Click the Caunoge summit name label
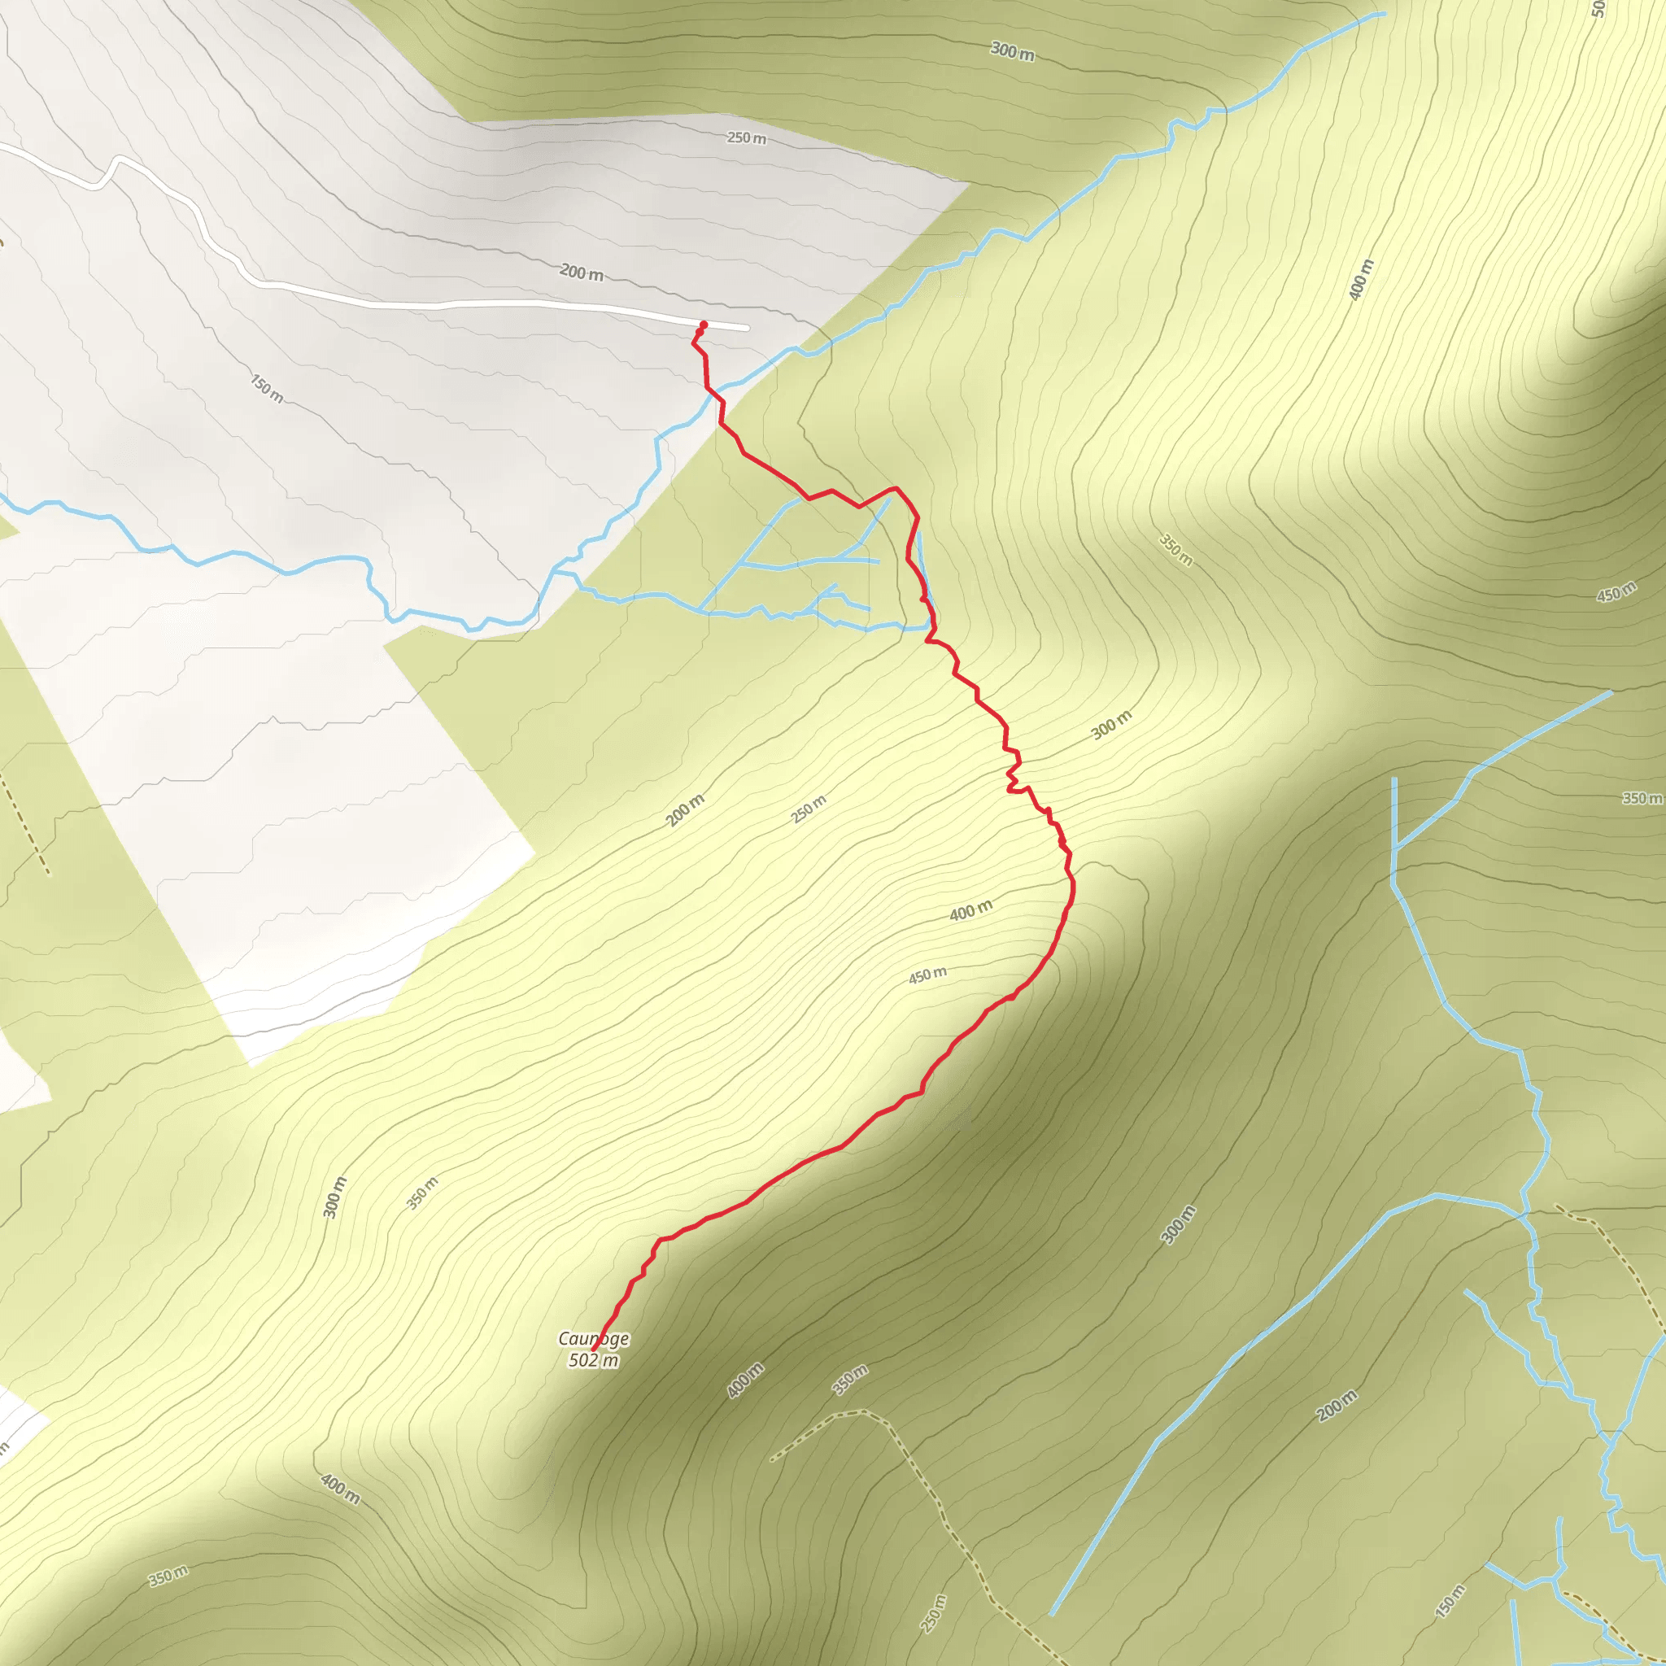pyautogui.click(x=593, y=1338)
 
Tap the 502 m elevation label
pyautogui.click(x=593, y=1361)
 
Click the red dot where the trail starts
pyautogui.click(x=704, y=325)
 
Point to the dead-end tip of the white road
pyautogui.click(x=747, y=329)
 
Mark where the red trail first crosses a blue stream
pyautogui.click(x=714, y=394)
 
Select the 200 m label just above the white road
pyautogui.click(x=581, y=273)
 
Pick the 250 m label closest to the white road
pyautogui.click(x=747, y=138)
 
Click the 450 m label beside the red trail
pyautogui.click(x=927, y=975)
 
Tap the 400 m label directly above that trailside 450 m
pyautogui.click(x=971, y=910)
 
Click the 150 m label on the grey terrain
pyautogui.click(x=268, y=388)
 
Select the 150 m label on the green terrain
pyautogui.click(x=1450, y=1601)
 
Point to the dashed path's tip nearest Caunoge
pyautogui.click(x=772, y=1461)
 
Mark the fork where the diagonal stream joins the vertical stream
pyautogui.click(x=1394, y=848)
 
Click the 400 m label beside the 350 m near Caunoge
pyautogui.click(x=745, y=1380)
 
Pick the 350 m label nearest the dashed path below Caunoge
pyautogui.click(x=849, y=1380)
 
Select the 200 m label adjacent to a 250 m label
pyautogui.click(x=686, y=809)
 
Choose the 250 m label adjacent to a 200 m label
pyautogui.click(x=809, y=809)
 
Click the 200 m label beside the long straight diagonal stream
pyautogui.click(x=1337, y=1406)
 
